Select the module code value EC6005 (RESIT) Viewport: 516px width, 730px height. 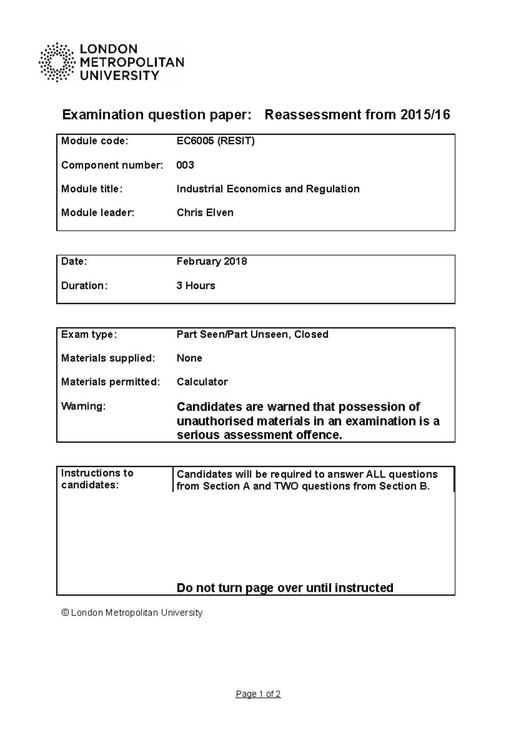tap(215, 141)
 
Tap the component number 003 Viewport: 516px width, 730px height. tap(185, 165)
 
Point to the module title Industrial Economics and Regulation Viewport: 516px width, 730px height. tap(268, 189)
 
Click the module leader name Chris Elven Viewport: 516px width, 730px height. tap(205, 213)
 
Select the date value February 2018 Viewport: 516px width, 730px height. tap(212, 261)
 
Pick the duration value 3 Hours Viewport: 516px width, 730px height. tap(196, 285)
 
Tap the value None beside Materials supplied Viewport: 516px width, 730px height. tap(189, 358)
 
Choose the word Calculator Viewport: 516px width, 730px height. tap(202, 382)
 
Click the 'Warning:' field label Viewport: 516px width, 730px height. tap(83, 406)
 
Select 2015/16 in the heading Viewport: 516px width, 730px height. tap(425, 115)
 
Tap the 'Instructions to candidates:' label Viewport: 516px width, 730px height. tap(97, 479)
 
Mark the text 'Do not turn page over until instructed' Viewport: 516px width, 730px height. tap(285, 588)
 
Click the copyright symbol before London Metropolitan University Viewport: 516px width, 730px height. tap(65, 613)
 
